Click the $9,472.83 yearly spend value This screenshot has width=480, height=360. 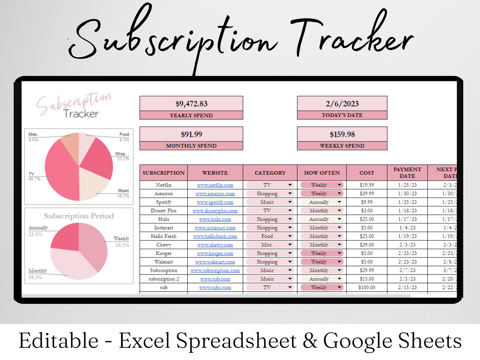191,104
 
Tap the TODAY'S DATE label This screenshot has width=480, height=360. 342,115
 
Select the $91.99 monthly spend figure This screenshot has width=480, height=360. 191,135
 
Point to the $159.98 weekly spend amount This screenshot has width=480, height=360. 342,135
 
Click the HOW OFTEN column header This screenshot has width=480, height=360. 322,173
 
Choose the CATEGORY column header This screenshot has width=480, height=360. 270,173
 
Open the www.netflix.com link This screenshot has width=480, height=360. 215,185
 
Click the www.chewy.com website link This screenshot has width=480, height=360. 215,245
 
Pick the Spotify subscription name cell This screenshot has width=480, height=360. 163,202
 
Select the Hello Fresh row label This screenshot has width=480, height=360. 163,236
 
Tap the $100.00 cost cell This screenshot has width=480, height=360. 367,288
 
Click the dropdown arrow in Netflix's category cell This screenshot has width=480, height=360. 290,185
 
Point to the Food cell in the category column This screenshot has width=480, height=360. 267,236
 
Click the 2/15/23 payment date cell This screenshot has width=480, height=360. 407,288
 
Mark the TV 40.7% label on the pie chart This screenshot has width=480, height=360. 34,176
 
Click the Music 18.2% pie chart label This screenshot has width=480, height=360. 123,193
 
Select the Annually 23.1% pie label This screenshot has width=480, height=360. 38,231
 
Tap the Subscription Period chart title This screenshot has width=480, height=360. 79,216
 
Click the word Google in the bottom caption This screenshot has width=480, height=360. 357,341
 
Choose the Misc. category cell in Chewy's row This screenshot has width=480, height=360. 267,245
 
